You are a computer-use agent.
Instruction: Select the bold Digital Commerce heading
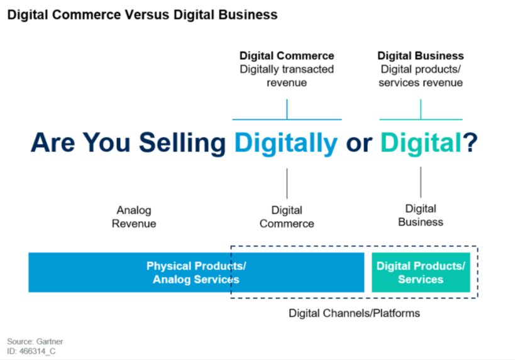click(x=287, y=56)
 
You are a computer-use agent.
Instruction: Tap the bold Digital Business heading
click(x=421, y=56)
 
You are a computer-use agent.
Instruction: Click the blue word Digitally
click(x=285, y=143)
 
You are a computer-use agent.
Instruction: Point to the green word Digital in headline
click(x=421, y=143)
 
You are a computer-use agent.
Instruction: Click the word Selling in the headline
click(x=182, y=143)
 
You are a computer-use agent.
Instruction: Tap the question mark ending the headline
click(x=470, y=142)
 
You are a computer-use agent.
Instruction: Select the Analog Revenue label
click(x=134, y=217)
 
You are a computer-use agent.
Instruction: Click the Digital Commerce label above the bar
click(x=287, y=217)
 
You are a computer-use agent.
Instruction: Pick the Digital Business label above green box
click(x=421, y=215)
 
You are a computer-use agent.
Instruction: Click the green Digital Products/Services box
click(x=421, y=273)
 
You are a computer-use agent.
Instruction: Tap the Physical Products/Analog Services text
click(x=196, y=273)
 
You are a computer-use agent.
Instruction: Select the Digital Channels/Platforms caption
click(x=354, y=314)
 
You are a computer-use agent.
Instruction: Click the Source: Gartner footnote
click(x=35, y=341)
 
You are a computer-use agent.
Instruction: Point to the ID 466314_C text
click(x=31, y=351)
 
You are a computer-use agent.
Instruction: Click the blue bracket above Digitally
click(x=287, y=119)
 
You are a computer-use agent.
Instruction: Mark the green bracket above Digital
click(x=421, y=119)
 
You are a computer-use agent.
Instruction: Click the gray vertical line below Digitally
click(x=287, y=184)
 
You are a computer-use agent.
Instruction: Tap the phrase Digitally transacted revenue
click(x=287, y=76)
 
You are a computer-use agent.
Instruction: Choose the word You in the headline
click(x=106, y=143)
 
